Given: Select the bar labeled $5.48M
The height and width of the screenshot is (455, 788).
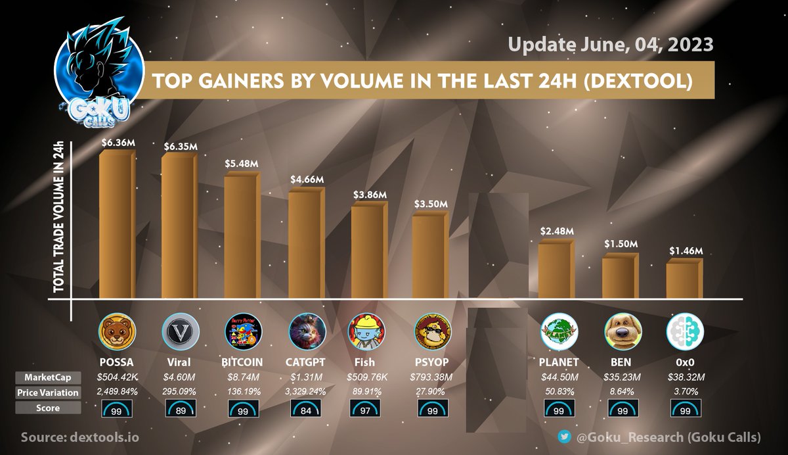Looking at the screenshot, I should pyautogui.click(x=242, y=237).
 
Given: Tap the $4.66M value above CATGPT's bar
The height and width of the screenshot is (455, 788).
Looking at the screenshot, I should pyautogui.click(x=307, y=179).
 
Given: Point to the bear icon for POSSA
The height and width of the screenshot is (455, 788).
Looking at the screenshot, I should pyautogui.click(x=117, y=331).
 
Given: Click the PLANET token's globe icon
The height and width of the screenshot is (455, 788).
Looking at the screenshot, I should pyautogui.click(x=559, y=332).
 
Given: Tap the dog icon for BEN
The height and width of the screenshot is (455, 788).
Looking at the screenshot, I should pyautogui.click(x=621, y=332).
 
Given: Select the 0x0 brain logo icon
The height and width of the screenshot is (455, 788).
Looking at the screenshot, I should pyautogui.click(x=685, y=332).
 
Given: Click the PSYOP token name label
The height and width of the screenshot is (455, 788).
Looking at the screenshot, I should pyautogui.click(x=433, y=362).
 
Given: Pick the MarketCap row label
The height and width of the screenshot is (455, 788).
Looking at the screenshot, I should pyautogui.click(x=48, y=377).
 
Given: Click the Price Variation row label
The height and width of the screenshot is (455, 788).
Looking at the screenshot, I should pyautogui.click(x=48, y=393).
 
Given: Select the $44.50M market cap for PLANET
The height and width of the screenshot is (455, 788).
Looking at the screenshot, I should pyautogui.click(x=559, y=377).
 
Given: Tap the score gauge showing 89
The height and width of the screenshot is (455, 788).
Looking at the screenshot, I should pyautogui.click(x=179, y=410).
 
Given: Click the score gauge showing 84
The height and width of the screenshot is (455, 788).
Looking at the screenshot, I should pyautogui.click(x=307, y=410).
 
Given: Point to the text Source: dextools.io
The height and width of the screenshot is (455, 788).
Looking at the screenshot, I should pyautogui.click(x=79, y=437).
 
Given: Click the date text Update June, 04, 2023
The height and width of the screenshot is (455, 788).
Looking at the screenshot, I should pyautogui.click(x=611, y=45).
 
